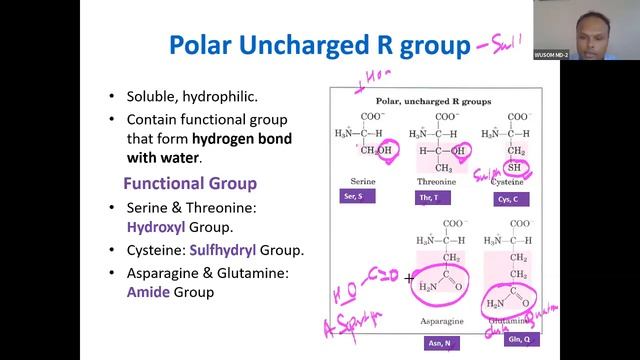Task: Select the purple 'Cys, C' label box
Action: (x=511, y=198)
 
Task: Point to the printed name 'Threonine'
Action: (x=436, y=182)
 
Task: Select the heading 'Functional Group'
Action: (x=189, y=184)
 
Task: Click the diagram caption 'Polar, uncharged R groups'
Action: (x=436, y=101)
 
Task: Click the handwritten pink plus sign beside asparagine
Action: (x=410, y=278)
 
